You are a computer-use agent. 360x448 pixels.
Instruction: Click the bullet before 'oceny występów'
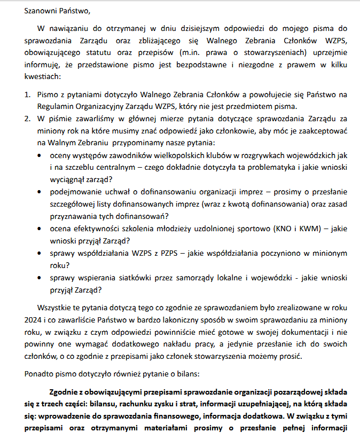(x=42, y=155)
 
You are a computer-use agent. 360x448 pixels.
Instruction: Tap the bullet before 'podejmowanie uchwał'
(x=42, y=192)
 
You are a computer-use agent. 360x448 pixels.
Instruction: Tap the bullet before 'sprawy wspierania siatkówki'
(x=42, y=278)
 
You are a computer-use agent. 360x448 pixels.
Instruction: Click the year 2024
(x=34, y=320)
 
